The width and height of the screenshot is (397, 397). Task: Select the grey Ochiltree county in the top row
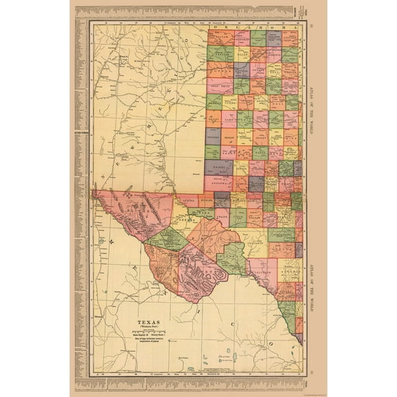pos(274,37)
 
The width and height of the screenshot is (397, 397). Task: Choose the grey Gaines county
pos(215,167)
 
